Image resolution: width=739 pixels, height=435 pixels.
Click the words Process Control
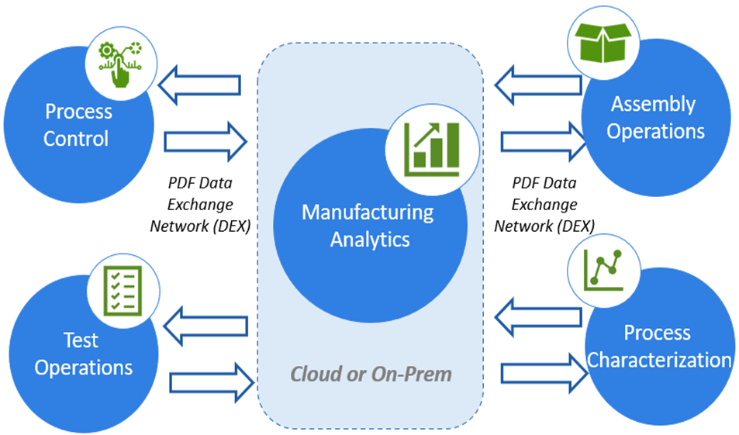(x=77, y=126)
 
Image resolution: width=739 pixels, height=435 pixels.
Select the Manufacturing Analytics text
(x=368, y=226)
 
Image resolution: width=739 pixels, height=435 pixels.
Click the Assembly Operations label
(x=654, y=117)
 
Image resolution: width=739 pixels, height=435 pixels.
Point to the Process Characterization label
(x=658, y=347)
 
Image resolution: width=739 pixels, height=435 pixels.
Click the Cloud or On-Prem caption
(x=371, y=374)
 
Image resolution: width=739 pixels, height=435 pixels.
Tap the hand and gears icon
(x=118, y=61)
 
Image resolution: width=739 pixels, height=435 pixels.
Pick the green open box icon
(x=603, y=41)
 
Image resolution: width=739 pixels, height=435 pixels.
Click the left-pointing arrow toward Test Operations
(x=205, y=322)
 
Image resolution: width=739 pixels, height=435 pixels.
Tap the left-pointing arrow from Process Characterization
(x=537, y=316)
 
